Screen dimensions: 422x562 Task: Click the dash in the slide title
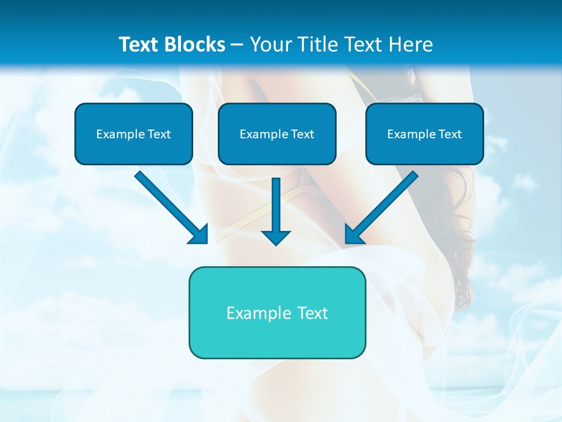pos(237,45)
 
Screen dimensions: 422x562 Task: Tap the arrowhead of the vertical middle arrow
pos(276,237)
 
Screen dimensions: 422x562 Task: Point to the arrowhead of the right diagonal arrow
pos(354,234)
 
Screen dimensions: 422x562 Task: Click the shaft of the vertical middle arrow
pos(276,202)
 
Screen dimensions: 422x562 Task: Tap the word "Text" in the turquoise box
pos(312,313)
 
